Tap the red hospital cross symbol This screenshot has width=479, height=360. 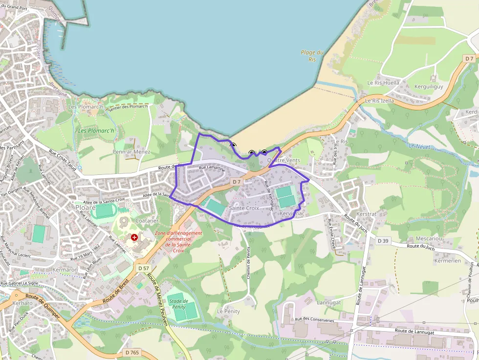coord(134,237)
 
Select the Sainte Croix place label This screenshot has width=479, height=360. coord(244,208)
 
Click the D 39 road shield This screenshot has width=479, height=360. coord(383,241)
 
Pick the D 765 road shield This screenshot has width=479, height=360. coord(132,353)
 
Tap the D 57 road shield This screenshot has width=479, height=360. coord(143,268)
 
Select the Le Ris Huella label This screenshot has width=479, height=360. coord(383,83)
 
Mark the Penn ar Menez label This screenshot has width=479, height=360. coord(131,152)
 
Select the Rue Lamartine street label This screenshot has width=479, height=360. coord(212,168)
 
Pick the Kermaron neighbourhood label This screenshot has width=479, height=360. coord(65,270)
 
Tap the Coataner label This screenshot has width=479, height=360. coord(147,221)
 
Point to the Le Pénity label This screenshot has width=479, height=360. coord(228,311)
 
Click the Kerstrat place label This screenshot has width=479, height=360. coord(367,214)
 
